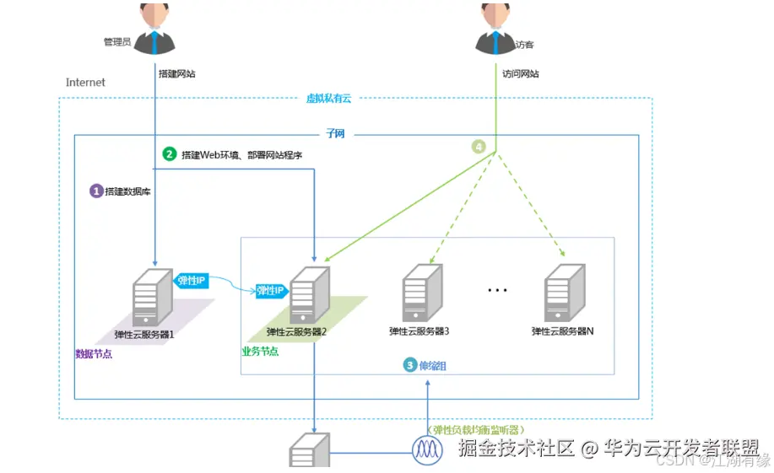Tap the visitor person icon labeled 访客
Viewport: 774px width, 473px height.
coord(494,30)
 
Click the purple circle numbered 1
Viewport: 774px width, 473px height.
coord(96,191)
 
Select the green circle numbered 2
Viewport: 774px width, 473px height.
coord(170,154)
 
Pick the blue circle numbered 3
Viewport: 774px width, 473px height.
coord(410,365)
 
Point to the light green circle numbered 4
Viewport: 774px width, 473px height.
coord(479,146)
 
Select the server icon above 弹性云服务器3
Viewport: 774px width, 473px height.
coord(420,292)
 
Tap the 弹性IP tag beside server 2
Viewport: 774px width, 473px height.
coord(272,290)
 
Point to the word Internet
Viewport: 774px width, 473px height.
coord(85,83)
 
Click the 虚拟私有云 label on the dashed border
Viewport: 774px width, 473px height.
coord(328,99)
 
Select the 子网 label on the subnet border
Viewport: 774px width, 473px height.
coord(335,133)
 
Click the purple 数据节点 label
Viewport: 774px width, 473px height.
coord(94,354)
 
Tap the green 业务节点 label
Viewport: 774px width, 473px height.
coord(260,351)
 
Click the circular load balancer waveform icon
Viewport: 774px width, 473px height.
coord(427,449)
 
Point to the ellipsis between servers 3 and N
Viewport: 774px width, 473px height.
coord(497,291)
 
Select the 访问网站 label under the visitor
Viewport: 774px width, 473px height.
coord(520,73)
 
